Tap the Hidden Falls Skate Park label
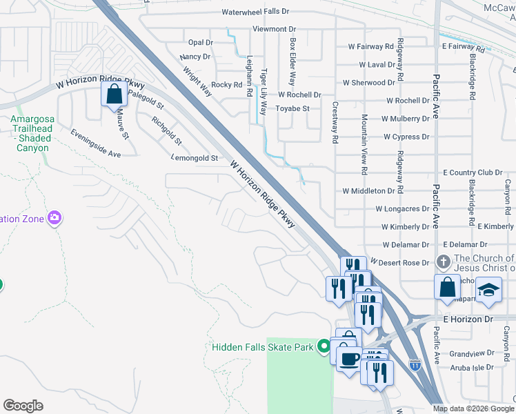click(263, 346)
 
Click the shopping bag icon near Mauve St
click(114, 93)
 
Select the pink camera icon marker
click(54, 219)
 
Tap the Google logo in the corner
click(23, 406)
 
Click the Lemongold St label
click(195, 158)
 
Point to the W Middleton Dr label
click(368, 190)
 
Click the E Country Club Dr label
click(473, 172)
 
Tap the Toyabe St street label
click(292, 108)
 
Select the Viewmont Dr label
click(274, 29)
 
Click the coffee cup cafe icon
click(349, 357)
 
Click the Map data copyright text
click(473, 408)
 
